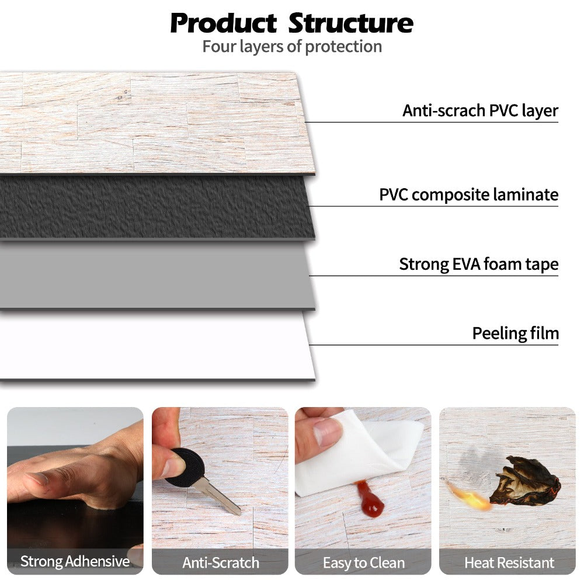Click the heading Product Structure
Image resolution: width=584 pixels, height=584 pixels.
tap(291, 23)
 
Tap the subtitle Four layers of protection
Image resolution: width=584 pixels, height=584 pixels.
tap(292, 47)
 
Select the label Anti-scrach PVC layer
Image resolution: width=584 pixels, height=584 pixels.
tap(480, 110)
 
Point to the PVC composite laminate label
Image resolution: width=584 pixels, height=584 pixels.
tap(468, 194)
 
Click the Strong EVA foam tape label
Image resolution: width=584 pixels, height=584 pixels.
tap(478, 264)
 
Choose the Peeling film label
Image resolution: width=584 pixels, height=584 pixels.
tap(515, 333)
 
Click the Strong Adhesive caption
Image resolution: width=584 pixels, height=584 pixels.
tap(75, 562)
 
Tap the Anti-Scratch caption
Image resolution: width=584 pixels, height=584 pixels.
tap(220, 563)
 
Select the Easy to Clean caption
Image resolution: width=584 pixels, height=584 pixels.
tap(363, 563)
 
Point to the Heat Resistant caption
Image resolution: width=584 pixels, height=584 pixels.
tap(509, 563)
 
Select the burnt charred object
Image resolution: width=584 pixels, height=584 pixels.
tap(524, 482)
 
